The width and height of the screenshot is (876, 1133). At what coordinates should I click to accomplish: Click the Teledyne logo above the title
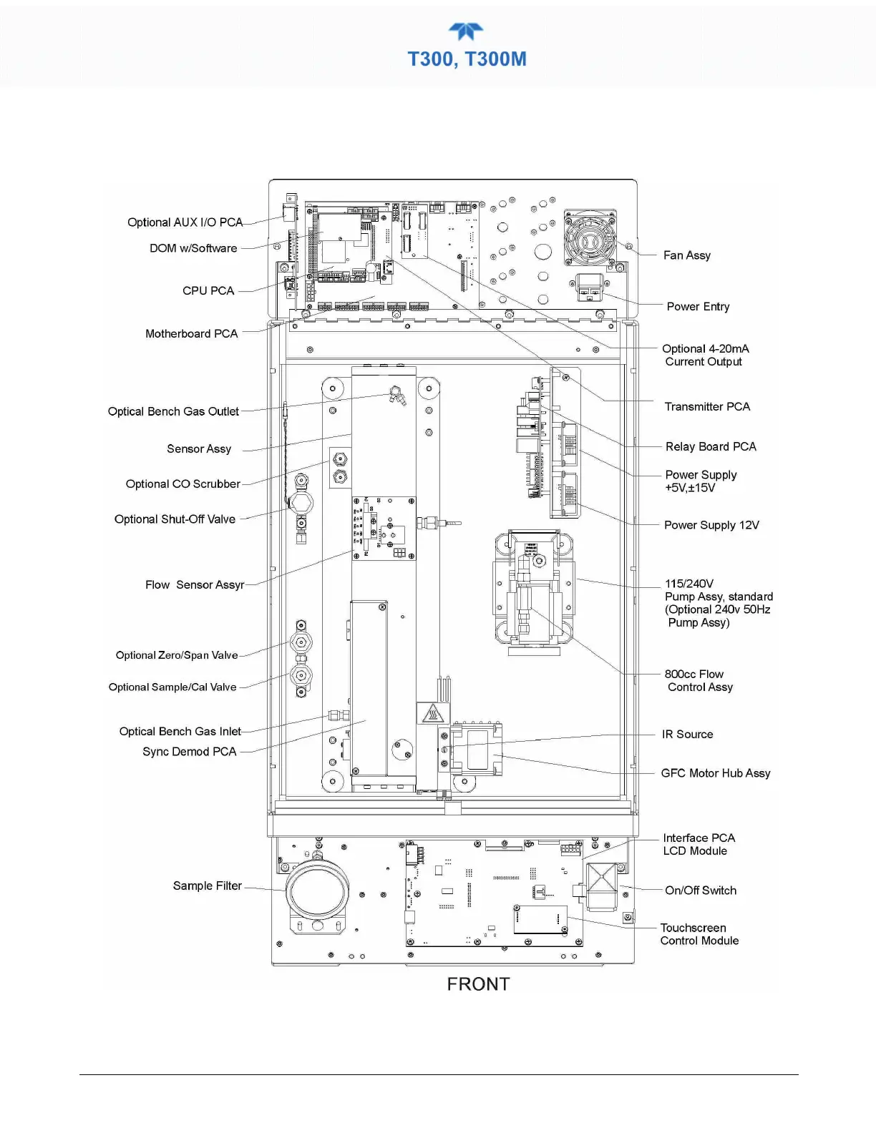[x=466, y=31]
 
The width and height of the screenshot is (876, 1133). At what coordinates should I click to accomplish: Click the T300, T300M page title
[x=467, y=59]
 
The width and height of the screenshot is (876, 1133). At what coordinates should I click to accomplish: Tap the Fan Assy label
[x=686, y=255]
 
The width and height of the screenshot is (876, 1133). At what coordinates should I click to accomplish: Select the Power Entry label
[x=698, y=306]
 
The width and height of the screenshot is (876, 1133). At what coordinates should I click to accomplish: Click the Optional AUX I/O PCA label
[x=185, y=222]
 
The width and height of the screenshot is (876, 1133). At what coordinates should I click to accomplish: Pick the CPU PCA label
[x=208, y=290]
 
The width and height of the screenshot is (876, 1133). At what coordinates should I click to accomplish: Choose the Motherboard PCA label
[x=191, y=333]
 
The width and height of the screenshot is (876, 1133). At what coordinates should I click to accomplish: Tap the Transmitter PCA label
[x=707, y=406]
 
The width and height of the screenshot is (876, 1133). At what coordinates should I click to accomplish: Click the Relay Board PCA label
[x=710, y=446]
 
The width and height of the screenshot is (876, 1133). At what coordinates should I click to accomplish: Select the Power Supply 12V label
[x=711, y=525]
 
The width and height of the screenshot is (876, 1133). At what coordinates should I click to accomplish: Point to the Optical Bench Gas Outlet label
[x=173, y=411]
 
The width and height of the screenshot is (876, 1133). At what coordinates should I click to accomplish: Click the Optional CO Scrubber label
[x=182, y=484]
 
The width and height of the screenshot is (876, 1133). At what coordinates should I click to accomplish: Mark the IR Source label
[x=687, y=734]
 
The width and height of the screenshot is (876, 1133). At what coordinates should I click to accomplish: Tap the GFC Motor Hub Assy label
[x=715, y=773]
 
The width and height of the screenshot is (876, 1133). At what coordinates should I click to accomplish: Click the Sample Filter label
[x=207, y=886]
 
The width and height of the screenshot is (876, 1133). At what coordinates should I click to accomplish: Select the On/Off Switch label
[x=700, y=891]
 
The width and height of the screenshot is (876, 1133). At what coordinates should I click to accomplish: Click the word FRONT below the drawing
[x=478, y=984]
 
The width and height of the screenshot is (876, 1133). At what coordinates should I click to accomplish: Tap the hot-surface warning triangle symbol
[x=432, y=713]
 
